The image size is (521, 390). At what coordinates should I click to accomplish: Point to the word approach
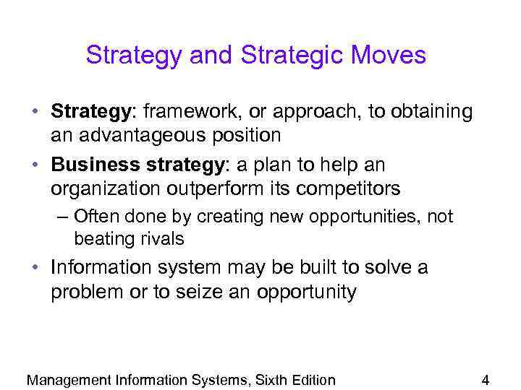[319, 112]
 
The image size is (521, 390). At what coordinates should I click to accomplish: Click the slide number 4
[486, 380]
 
